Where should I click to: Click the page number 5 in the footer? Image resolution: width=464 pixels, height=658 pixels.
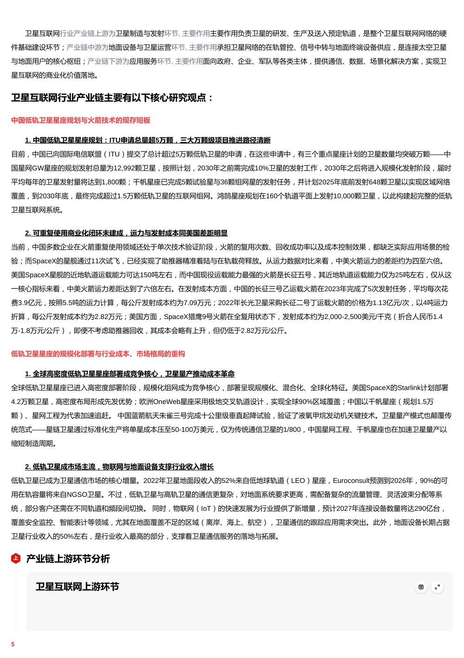[x=13, y=644]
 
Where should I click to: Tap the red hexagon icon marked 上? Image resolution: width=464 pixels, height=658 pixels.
[x=15, y=558]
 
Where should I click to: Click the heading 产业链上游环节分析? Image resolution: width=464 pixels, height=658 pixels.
[x=68, y=559]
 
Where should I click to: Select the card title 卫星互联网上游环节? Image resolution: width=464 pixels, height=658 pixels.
[x=77, y=586]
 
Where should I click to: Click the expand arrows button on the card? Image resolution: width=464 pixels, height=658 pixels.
[x=437, y=587]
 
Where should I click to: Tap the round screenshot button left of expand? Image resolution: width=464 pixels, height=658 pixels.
[x=421, y=587]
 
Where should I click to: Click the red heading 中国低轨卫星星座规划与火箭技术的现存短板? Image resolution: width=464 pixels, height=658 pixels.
[x=81, y=120]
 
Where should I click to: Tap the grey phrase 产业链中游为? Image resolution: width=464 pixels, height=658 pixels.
[x=88, y=47]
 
